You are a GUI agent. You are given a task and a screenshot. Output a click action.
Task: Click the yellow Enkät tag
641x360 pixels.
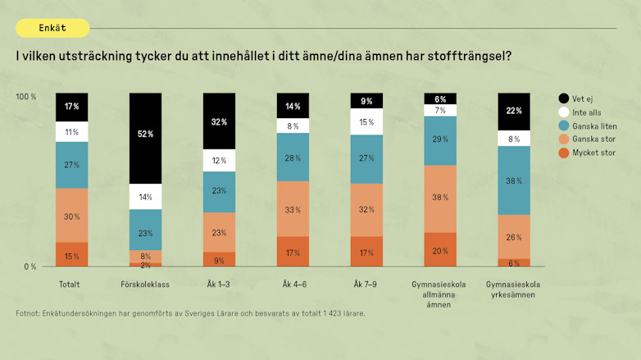pyautogui.click(x=52, y=28)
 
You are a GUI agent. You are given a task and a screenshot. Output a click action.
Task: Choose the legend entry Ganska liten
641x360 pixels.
pyautogui.click(x=593, y=125)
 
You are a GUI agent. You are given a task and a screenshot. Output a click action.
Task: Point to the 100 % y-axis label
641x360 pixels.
pyautogui.click(x=26, y=97)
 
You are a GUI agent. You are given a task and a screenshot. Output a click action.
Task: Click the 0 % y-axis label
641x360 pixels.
pyautogui.click(x=30, y=267)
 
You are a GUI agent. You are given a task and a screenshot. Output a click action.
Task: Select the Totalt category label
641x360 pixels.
pyautogui.click(x=69, y=285)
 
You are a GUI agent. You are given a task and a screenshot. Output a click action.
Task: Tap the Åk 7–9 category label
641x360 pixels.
pyautogui.click(x=366, y=285)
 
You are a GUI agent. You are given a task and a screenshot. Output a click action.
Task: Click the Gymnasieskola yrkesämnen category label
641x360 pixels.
pyautogui.click(x=513, y=289)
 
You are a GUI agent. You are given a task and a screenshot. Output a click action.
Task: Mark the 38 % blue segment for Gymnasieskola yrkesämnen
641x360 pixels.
pyautogui.click(x=514, y=180)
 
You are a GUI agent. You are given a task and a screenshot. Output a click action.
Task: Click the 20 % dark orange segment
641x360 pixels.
pyautogui.click(x=440, y=250)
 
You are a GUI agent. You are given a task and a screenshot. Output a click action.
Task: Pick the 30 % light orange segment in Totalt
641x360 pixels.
pyautogui.click(x=72, y=216)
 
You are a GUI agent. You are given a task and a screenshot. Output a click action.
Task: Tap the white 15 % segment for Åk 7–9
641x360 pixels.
pyautogui.click(x=366, y=122)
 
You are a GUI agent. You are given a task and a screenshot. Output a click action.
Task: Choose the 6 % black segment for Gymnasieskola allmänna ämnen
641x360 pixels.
pyautogui.click(x=440, y=98)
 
